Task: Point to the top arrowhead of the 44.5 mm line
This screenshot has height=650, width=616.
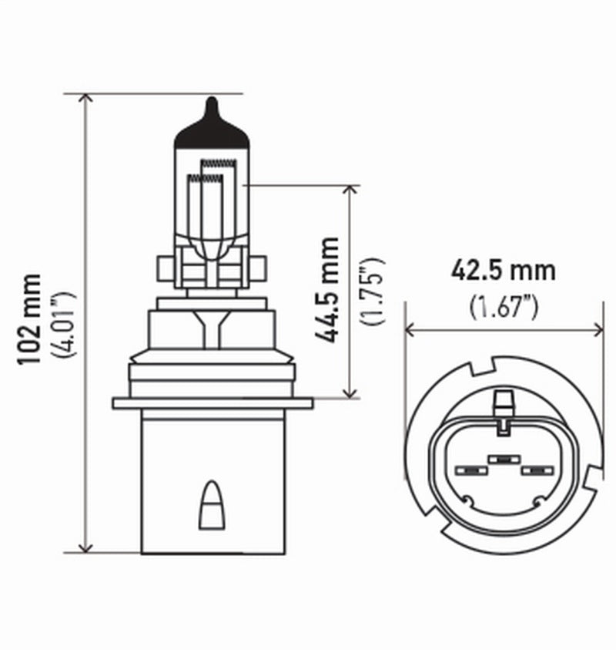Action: tap(351, 191)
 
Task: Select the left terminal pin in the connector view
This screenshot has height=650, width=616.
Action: tap(468, 470)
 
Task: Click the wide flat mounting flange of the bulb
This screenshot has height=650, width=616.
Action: tap(213, 402)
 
